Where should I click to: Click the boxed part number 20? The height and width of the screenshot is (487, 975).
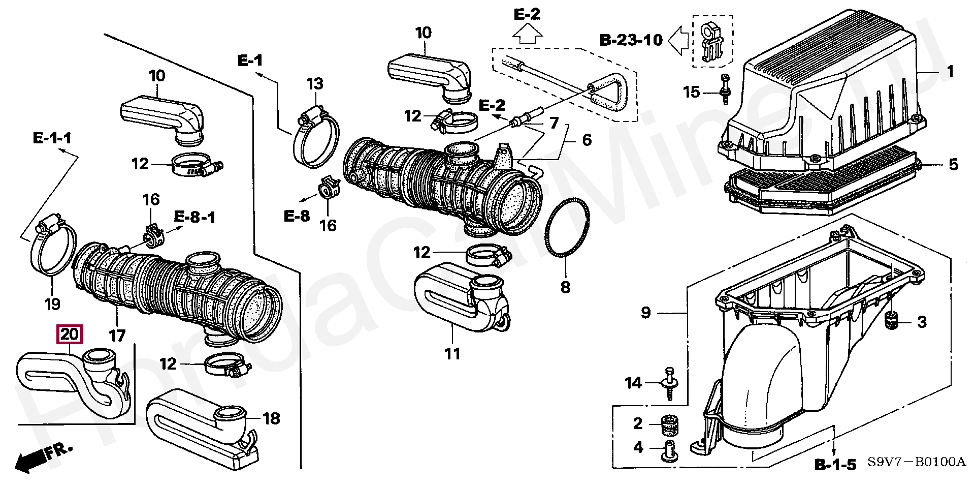coord(70,334)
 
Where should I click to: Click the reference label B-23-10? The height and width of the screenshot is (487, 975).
coord(631,40)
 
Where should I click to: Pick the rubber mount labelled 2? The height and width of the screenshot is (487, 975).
coord(669,424)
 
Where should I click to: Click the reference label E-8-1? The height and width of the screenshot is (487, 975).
coord(194,218)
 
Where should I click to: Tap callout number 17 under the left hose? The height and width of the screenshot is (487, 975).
coord(117,336)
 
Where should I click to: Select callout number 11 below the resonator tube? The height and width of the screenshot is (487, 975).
coord(452,353)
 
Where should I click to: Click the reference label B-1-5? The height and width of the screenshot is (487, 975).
coord(835,465)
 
